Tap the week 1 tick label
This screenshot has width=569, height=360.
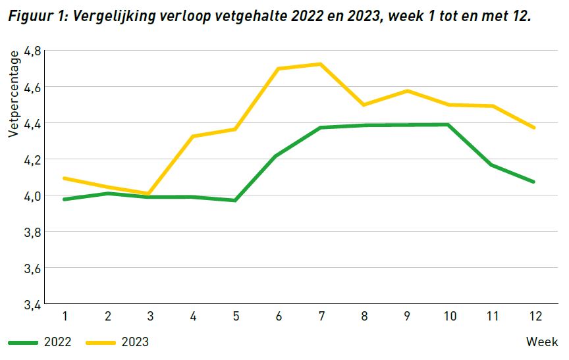click(x=65, y=317)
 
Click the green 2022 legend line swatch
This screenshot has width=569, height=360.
click(x=24, y=342)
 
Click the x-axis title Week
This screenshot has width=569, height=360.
click(x=542, y=342)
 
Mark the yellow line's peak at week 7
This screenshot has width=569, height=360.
click(x=320, y=64)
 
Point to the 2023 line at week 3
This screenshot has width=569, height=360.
click(x=149, y=193)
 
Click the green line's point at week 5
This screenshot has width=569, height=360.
click(x=235, y=200)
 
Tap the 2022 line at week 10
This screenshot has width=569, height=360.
click(x=448, y=124)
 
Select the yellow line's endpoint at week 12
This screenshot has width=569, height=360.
click(x=533, y=128)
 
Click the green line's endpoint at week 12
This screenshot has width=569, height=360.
click(x=533, y=182)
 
